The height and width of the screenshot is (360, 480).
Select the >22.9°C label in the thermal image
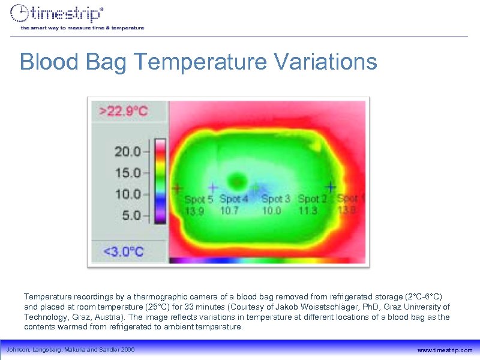click(x=124, y=111)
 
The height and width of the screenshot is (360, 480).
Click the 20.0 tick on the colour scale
click(x=128, y=151)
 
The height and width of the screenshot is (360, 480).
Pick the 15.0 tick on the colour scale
click(x=128, y=172)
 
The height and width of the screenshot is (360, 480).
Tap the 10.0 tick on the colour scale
click(x=128, y=194)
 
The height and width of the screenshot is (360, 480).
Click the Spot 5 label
click(x=198, y=199)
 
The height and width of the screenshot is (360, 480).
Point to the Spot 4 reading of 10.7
click(x=229, y=211)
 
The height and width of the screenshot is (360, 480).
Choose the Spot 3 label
click(x=275, y=199)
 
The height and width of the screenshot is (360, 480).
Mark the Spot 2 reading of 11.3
click(x=308, y=211)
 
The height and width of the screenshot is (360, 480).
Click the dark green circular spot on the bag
click(x=238, y=180)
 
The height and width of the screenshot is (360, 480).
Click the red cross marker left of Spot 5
click(x=177, y=188)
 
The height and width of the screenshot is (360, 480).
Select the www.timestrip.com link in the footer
click(x=445, y=350)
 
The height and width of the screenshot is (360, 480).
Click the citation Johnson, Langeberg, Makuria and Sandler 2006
click(x=70, y=350)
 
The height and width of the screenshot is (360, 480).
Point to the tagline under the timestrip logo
click(x=82, y=28)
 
